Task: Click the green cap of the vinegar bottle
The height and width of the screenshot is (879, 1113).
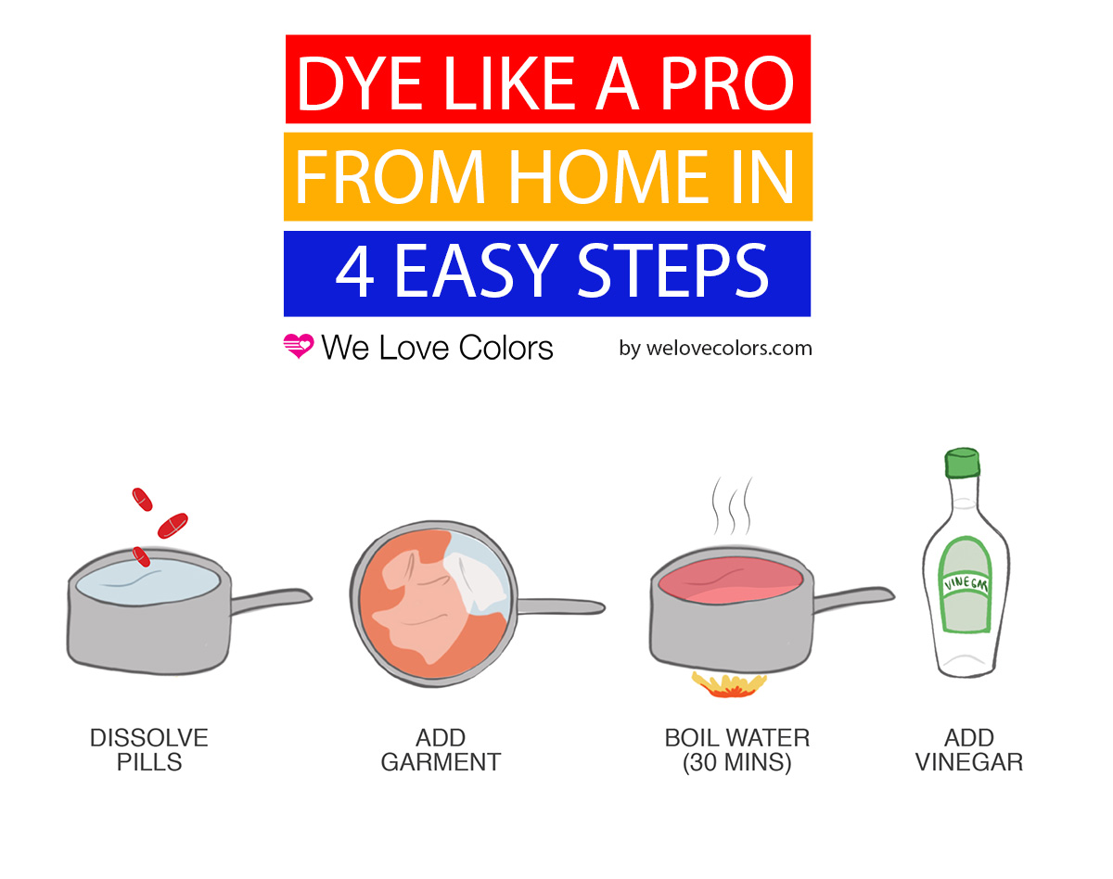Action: (x=963, y=463)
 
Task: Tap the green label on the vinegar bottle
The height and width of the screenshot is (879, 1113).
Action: (x=966, y=585)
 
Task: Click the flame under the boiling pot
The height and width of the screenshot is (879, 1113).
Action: (x=729, y=684)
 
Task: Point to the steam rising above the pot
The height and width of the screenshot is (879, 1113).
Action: (x=732, y=506)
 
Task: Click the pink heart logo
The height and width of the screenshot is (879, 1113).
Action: (x=299, y=346)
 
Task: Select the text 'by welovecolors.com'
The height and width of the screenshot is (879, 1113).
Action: (x=715, y=349)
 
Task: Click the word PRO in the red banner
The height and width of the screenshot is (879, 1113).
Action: (x=727, y=83)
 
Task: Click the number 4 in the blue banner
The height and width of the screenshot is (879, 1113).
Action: (x=354, y=271)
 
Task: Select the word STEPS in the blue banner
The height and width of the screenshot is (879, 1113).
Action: (x=672, y=271)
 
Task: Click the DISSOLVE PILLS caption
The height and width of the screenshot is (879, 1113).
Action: (x=149, y=750)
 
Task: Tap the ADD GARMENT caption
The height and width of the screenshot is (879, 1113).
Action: (x=441, y=750)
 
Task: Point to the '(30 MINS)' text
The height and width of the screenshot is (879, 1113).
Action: (x=737, y=763)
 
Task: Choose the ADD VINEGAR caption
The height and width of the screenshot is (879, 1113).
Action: (x=969, y=750)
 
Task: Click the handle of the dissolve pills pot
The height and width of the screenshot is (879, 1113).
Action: (x=271, y=601)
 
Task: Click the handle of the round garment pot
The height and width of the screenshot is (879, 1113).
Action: (x=561, y=606)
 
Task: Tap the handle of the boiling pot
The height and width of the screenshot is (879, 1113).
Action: (x=854, y=599)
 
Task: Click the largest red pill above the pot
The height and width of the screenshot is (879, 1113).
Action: (x=173, y=526)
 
